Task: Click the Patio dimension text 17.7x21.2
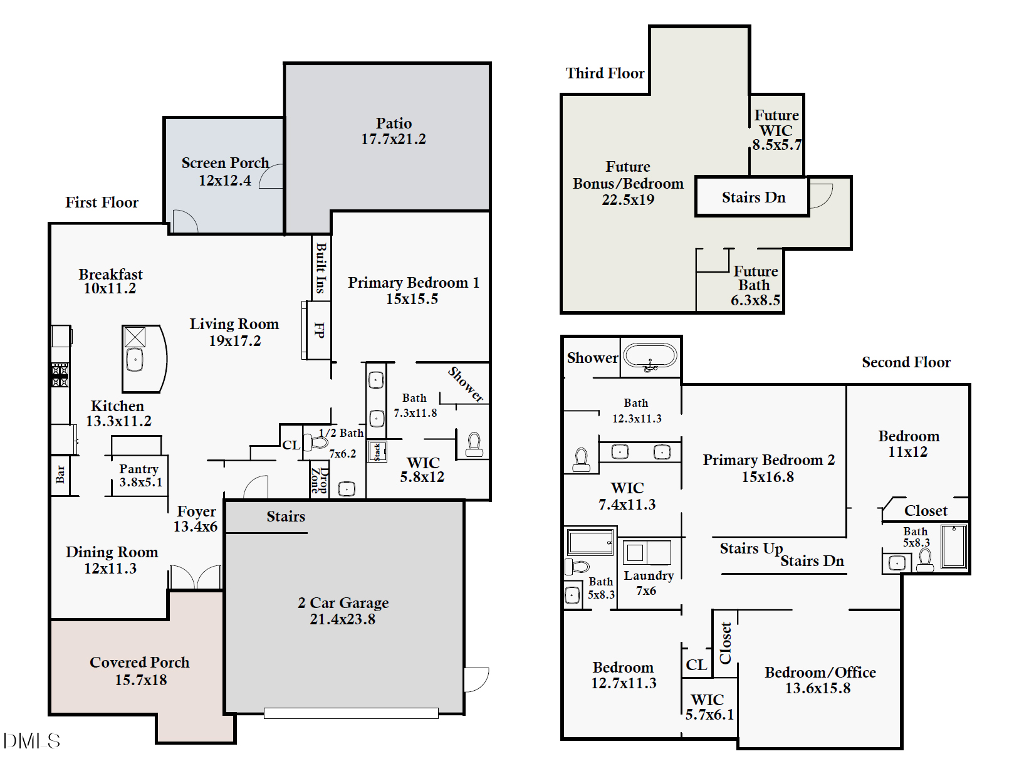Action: [394, 139]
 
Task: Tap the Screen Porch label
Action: [225, 163]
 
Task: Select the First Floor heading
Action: [102, 202]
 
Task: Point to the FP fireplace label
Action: [319, 330]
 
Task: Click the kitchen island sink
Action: [135, 360]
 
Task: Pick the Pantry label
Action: [138, 469]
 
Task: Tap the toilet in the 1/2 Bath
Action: [315, 442]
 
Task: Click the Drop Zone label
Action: [320, 480]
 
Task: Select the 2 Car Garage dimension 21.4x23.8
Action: [343, 619]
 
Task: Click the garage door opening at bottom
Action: [351, 713]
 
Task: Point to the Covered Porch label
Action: [140, 662]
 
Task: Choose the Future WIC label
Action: [776, 123]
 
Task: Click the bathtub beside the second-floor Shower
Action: [650, 357]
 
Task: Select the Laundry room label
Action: [649, 575]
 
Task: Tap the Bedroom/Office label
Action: [820, 673]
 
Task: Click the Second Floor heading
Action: [906, 362]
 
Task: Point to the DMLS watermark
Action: [31, 741]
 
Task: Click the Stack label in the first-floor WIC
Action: [377, 452]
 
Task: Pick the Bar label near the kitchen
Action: [60, 474]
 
